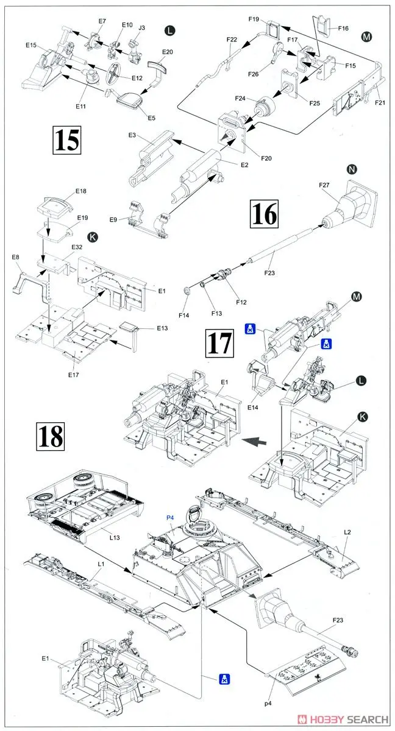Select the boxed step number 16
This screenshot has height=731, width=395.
pos(263,214)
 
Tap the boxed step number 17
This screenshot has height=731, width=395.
pos(219,342)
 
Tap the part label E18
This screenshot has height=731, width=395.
pos(81,191)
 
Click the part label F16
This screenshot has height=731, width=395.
pos(343,27)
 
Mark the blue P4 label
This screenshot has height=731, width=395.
pos(170,518)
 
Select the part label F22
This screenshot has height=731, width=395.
pos(231,40)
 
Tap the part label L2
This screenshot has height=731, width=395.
pos(347,532)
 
